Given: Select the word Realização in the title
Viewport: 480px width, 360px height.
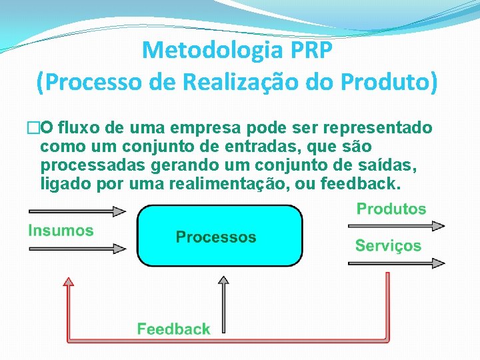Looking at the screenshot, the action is pyautogui.click(x=239, y=83).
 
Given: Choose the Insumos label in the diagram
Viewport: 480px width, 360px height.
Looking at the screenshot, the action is pyautogui.click(x=61, y=231).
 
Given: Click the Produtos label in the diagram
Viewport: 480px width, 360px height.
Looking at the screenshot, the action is pyautogui.click(x=391, y=209).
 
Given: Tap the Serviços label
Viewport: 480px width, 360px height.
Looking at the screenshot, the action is pyautogui.click(x=388, y=245).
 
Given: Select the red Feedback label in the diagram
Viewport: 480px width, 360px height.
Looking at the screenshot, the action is pyautogui.click(x=173, y=329).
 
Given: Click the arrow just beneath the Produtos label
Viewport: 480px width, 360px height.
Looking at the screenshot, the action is pyautogui.click(x=396, y=227).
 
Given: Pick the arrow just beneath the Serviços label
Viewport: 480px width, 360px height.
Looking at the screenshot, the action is pyautogui.click(x=396, y=263).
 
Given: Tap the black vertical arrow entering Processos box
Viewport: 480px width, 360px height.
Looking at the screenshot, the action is pyautogui.click(x=223, y=303).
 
